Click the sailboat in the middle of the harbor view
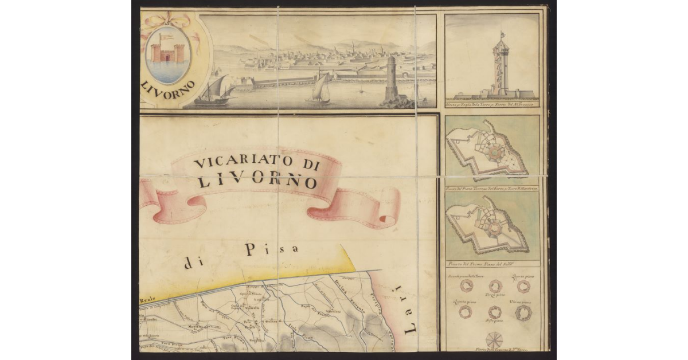pos(320,89)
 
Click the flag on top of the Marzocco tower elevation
pos(502,34)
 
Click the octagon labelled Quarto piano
pos(523,286)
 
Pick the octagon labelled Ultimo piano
pos(523,312)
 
